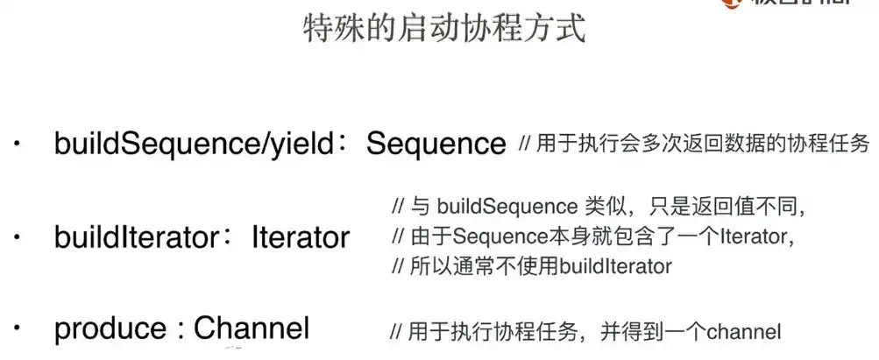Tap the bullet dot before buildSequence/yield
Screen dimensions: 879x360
pos(18,145)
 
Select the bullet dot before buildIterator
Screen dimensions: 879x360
pos(18,236)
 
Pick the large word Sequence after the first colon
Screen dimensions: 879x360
pos(436,144)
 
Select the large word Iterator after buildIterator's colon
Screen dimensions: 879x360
pos(301,236)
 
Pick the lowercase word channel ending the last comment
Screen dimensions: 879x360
pos(743,332)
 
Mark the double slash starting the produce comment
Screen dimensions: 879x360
pos(395,332)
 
